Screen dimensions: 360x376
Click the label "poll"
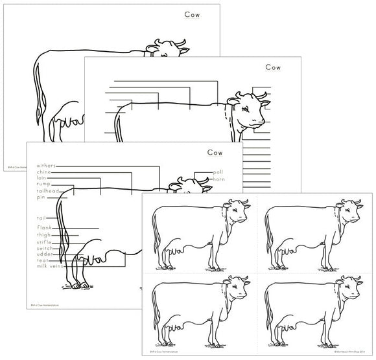[x=218, y=172]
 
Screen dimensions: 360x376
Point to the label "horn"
[x=219, y=179]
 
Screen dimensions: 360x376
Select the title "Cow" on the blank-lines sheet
[x=272, y=67]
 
